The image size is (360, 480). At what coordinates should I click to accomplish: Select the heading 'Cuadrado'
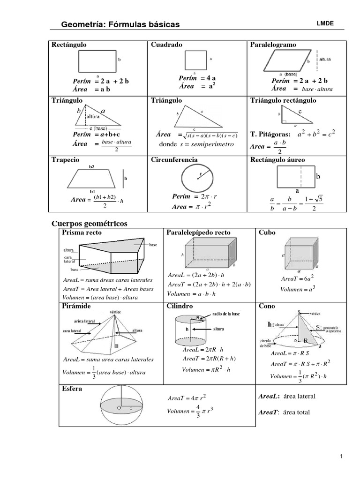pos(166,45)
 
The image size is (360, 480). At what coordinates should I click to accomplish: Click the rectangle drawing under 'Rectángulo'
pos(97,61)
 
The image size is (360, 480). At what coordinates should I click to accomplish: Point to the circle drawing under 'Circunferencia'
pos(198,179)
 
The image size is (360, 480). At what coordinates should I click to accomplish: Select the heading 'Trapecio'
pos(66,160)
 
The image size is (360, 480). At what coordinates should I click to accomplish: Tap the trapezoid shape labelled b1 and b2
pos(93,179)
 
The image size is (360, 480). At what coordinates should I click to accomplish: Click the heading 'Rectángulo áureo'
pos(278,160)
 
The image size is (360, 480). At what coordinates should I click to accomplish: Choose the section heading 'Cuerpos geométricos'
pos(89,223)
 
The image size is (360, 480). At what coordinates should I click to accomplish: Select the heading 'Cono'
pos(267,306)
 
